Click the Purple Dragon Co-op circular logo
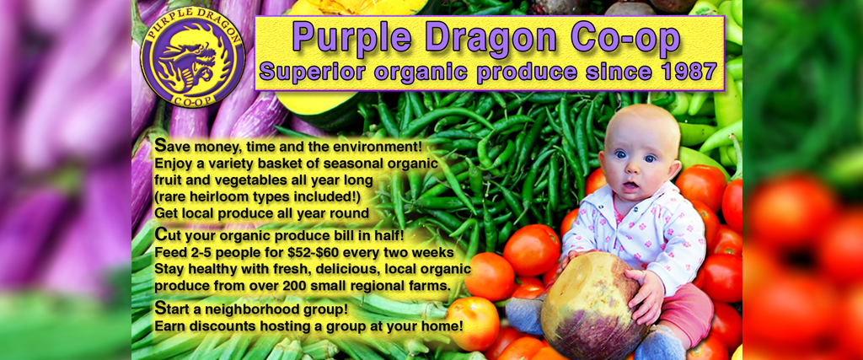[193, 57]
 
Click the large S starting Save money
[160, 146]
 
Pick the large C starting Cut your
[161, 234]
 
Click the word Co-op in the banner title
[625, 40]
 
